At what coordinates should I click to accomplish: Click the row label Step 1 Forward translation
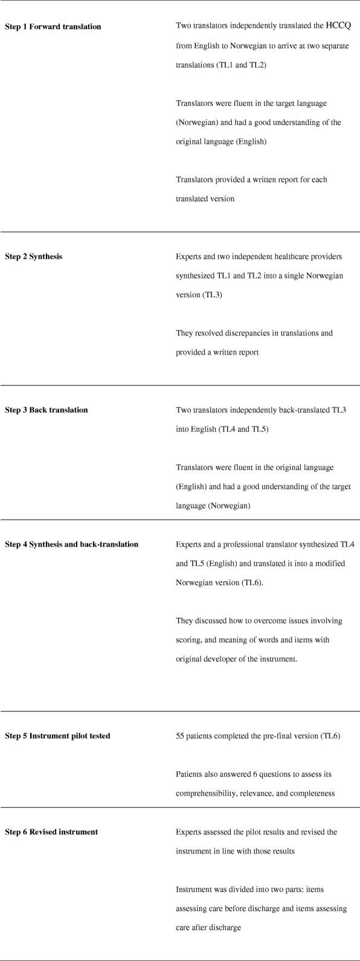(x=53, y=27)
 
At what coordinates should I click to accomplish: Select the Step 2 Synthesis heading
(x=34, y=256)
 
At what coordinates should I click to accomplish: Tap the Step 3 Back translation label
(x=47, y=410)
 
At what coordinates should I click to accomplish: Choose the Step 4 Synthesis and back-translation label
(x=72, y=544)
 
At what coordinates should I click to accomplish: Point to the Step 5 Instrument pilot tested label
(x=57, y=736)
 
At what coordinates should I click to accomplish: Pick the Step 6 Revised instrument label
(x=51, y=832)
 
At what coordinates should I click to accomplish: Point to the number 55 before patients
(x=180, y=736)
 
